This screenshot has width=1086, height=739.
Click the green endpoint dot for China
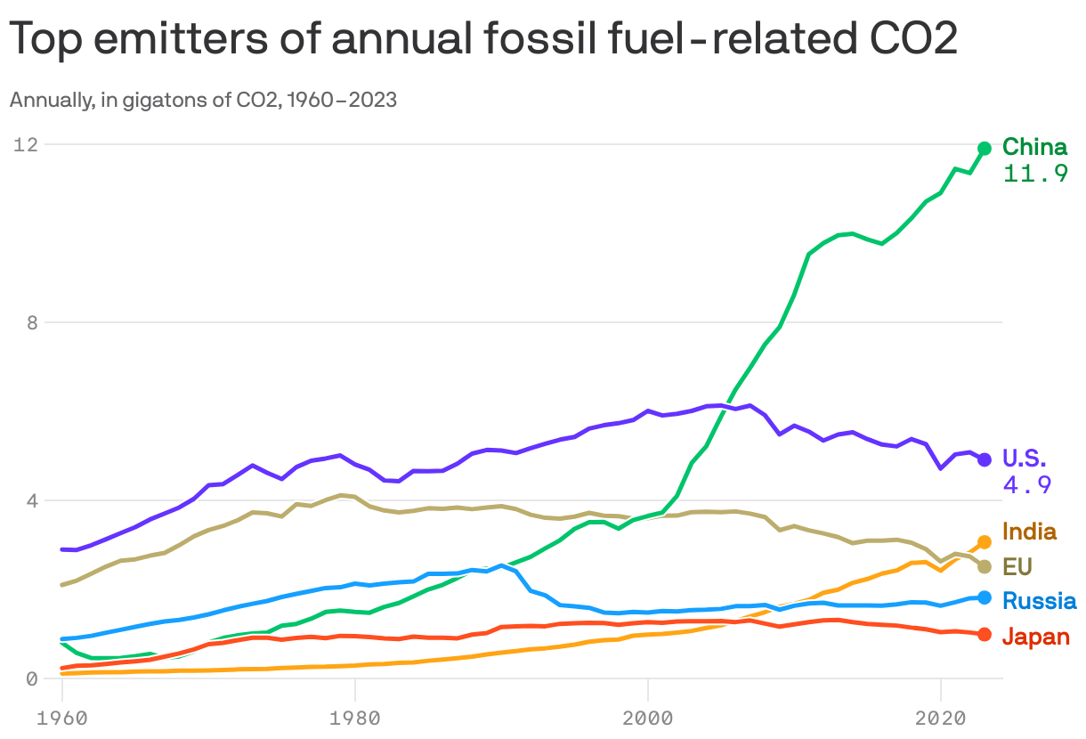[985, 149]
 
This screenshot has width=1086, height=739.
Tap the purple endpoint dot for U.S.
[985, 459]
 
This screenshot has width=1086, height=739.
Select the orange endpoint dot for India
[985, 541]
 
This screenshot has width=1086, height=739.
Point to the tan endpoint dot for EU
[985, 567]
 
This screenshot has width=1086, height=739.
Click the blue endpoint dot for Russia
[985, 597]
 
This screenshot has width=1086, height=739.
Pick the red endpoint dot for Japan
[985, 634]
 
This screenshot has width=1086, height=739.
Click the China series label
[1034, 147]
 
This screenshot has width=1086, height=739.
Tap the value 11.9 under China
[1035, 174]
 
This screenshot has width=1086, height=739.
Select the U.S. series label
[1025, 459]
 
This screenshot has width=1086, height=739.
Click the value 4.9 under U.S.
[1026, 485]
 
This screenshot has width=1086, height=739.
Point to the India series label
[1029, 532]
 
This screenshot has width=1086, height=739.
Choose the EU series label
[1017, 567]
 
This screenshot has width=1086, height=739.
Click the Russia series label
[1039, 601]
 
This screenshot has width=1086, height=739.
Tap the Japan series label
[1035, 637]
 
